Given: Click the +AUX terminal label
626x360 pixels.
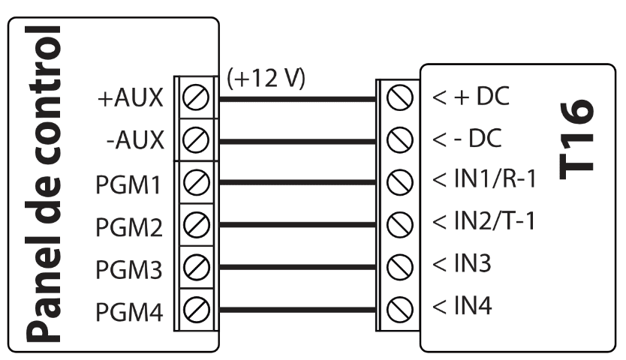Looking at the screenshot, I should point(131,98).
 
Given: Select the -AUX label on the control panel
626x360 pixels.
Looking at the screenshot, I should point(135,140).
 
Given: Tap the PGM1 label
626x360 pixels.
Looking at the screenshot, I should point(130,183).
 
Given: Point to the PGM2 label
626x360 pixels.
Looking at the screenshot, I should point(130,225).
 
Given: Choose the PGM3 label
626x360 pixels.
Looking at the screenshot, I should point(130,267).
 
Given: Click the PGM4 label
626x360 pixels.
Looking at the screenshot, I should point(130,309).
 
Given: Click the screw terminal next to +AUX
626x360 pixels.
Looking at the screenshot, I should point(195,98).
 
